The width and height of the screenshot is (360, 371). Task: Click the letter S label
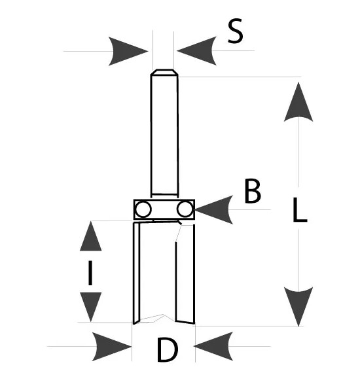[235, 31]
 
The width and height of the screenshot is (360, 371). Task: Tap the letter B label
[253, 191]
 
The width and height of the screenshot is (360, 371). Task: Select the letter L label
[300, 209]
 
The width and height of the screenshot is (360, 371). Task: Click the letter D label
[168, 349]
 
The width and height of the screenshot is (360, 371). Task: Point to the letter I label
[90, 273]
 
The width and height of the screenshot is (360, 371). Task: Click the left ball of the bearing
[143, 209]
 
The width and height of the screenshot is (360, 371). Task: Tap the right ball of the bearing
[185, 209]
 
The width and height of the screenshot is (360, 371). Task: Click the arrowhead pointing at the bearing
[214, 209]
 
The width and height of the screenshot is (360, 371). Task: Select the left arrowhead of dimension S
[128, 51]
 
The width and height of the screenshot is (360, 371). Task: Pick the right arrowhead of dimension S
[196, 50]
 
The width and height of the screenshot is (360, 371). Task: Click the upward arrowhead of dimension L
[298, 101]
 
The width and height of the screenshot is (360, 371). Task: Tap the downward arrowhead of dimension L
[298, 307]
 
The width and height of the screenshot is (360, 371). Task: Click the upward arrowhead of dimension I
[90, 236]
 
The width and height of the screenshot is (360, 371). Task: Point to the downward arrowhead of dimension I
[90, 307]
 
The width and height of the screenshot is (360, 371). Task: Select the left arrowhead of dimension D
[112, 347]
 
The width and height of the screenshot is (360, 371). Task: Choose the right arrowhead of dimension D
[213, 346]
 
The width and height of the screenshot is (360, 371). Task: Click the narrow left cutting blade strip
[137, 273]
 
